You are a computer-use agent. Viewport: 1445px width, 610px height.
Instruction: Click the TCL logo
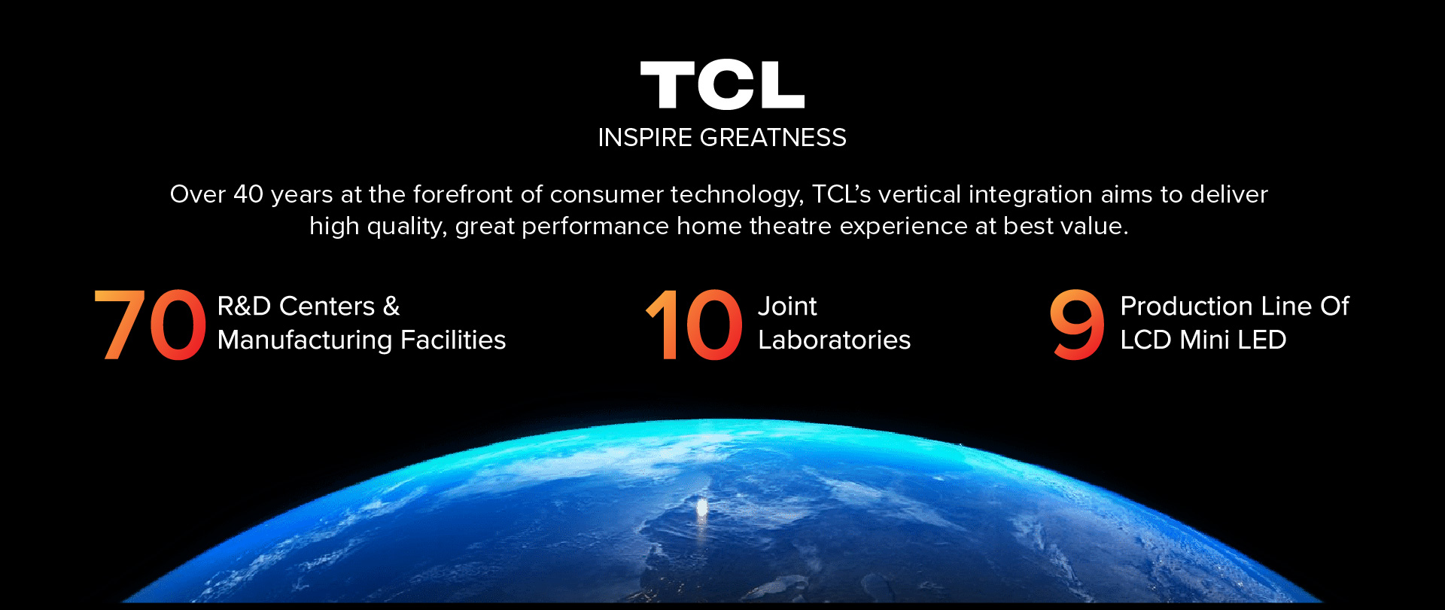722,85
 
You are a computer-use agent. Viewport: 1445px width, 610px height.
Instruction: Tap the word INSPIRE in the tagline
645,138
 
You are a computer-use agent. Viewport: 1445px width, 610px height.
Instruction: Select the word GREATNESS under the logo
773,138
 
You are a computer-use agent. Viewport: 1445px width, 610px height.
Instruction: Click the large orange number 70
150,325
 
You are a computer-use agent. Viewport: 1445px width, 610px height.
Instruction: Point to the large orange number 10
694,325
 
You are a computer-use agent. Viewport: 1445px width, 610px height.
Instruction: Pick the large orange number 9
1077,325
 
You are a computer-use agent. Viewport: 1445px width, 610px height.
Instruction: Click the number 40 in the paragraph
248,194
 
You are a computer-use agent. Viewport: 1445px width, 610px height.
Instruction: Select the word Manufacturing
305,340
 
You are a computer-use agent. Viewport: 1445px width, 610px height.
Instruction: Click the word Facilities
453,340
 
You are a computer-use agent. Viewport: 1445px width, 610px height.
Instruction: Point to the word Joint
787,307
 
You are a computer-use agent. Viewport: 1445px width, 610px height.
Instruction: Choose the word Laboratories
835,340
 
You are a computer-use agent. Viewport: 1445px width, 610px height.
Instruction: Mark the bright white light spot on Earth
702,509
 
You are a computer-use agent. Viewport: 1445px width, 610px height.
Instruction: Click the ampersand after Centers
391,307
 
